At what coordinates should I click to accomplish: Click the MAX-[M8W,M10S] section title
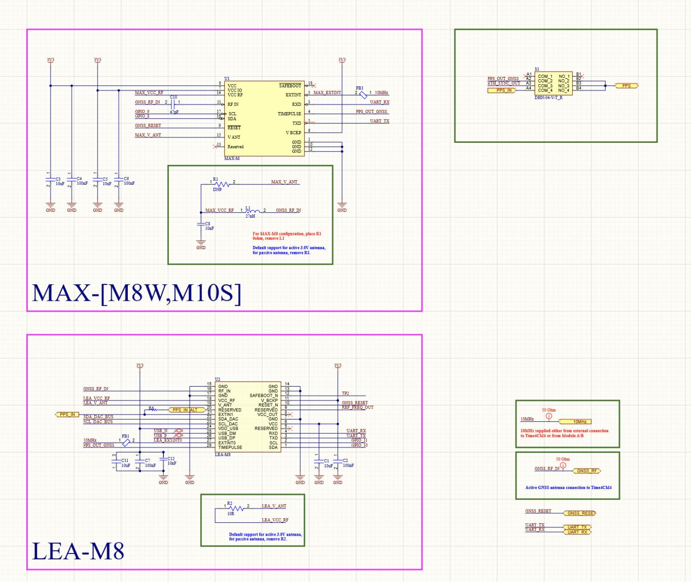[x=137, y=293]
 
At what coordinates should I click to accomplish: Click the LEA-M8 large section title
[x=78, y=550]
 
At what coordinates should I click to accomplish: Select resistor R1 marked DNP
[x=222, y=184]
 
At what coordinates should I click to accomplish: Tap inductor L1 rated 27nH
[x=252, y=211]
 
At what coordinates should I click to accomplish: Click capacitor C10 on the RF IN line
[x=173, y=103]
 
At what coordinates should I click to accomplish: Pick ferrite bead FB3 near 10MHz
[x=363, y=95]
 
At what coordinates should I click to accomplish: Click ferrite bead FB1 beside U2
[x=126, y=442]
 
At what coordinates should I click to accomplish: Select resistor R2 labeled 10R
[x=236, y=508]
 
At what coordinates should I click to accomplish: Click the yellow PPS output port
[x=626, y=85]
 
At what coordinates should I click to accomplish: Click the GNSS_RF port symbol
[x=587, y=471]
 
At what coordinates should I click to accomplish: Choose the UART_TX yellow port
[x=577, y=527]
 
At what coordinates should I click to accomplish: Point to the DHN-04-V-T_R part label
[x=549, y=97]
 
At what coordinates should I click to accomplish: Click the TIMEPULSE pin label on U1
[x=289, y=114]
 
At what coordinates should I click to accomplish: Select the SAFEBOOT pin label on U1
[x=290, y=85]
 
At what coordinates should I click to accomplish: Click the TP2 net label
[x=345, y=393]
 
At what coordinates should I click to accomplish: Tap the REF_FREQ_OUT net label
[x=358, y=407]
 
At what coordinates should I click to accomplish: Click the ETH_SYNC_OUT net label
[x=504, y=83]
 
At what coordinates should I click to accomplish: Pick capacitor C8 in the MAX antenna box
[x=201, y=225]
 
